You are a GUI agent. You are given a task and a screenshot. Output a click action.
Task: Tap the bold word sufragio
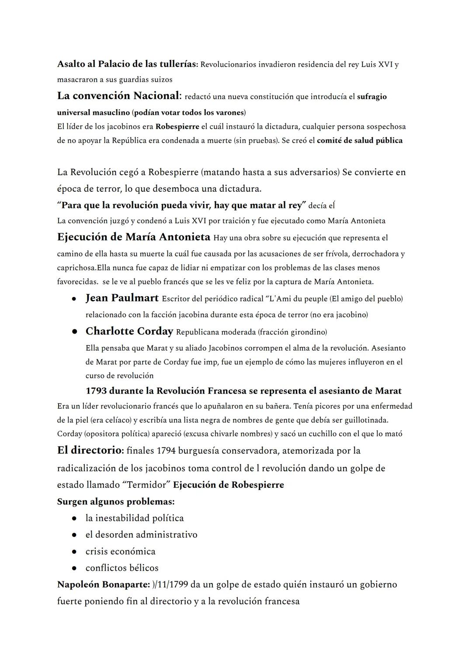[371, 97]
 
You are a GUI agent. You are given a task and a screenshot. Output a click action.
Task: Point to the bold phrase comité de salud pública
[359, 141]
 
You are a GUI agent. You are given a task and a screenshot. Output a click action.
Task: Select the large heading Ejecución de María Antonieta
[134, 237]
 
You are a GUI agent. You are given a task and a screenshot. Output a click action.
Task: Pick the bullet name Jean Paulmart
[122, 298]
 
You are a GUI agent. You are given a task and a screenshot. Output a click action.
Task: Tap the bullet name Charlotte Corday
[129, 331]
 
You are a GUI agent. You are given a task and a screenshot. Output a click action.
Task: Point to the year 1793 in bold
[96, 391]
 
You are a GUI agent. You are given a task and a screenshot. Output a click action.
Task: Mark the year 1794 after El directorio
[167, 451]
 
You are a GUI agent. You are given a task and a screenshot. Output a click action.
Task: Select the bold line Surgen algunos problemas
[116, 501]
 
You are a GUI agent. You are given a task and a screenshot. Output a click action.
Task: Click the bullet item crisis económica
[121, 551]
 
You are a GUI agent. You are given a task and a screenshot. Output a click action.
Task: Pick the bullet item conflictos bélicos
[122, 568]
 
